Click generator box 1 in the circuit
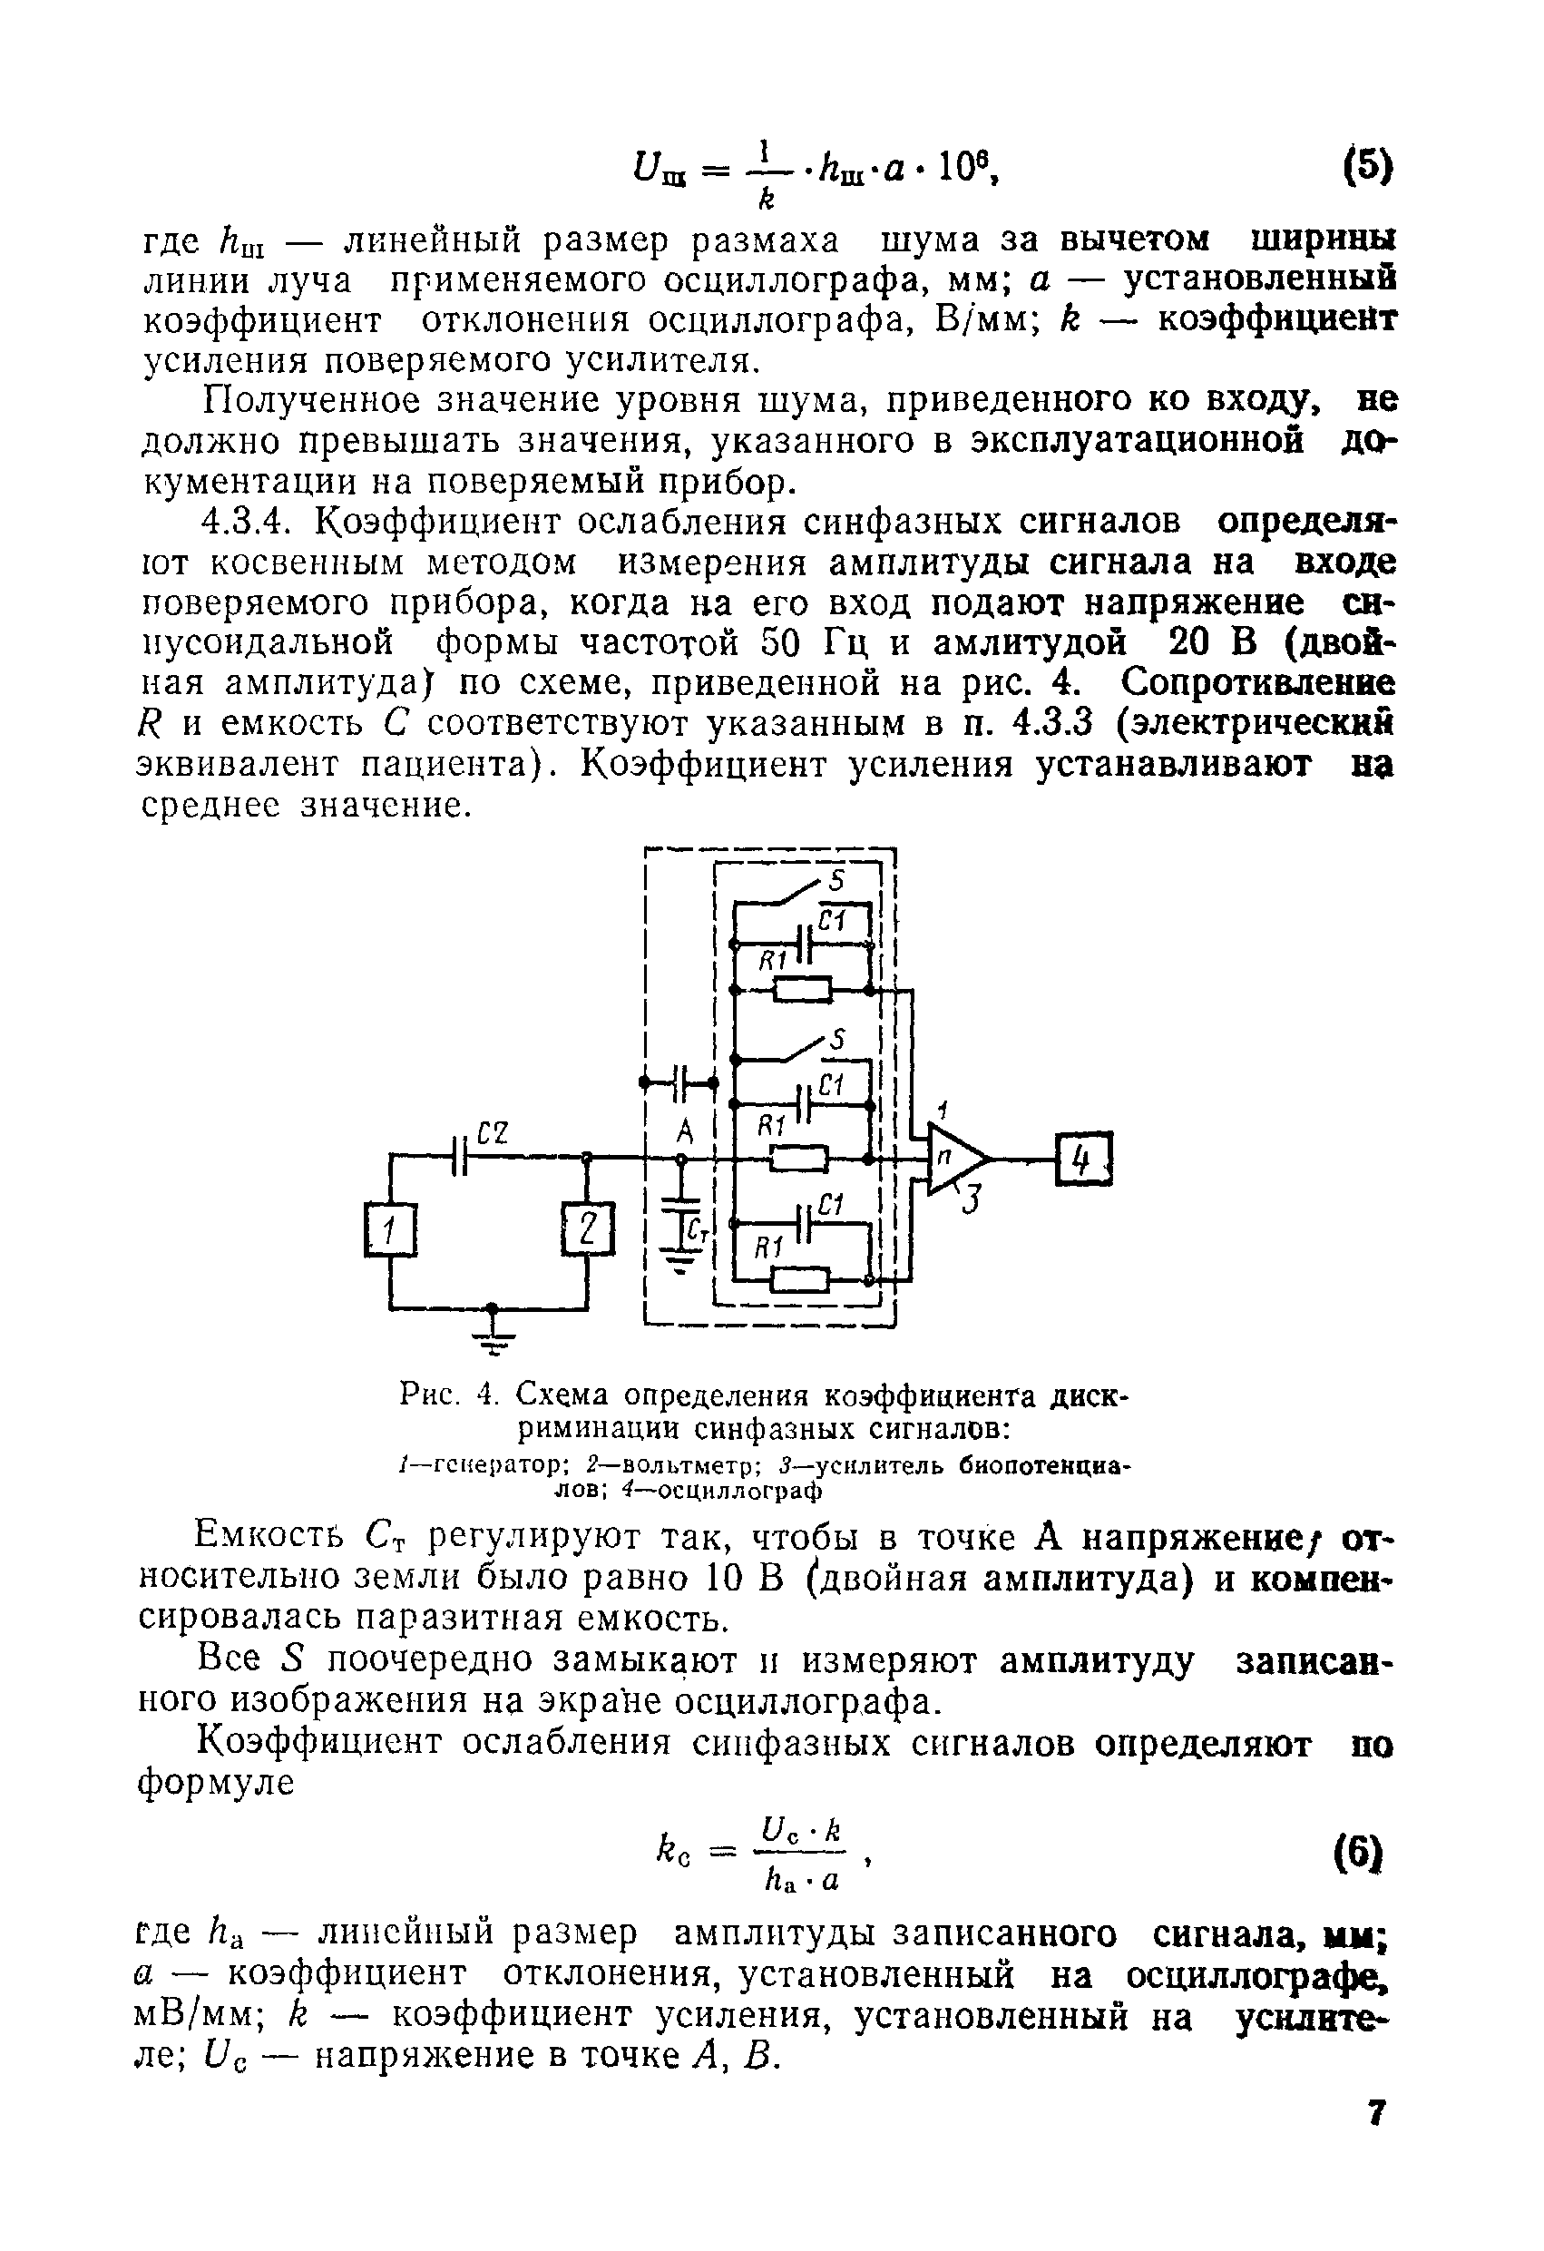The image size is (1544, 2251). pos(389,1232)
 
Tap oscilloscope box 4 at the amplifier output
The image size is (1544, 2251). pos(1086,1159)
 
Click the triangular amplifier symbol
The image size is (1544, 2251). pos(954,1158)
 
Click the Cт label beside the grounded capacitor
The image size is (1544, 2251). pos(699,1232)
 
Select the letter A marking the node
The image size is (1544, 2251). pos(684,1130)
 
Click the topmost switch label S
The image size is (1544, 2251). pos(837,880)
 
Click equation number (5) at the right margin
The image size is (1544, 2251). pos(1367,167)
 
